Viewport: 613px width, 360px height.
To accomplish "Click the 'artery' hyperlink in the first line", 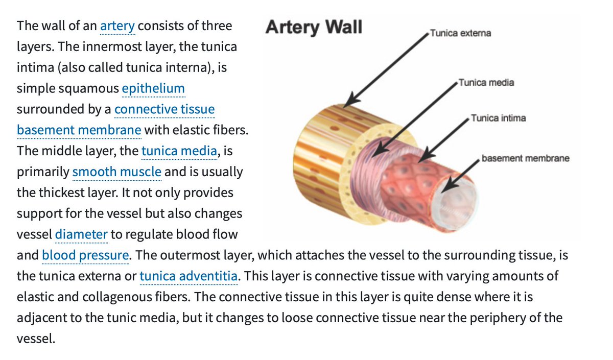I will [117, 26].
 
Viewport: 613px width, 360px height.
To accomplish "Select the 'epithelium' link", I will [153, 88].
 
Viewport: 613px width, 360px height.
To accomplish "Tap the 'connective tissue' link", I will [164, 109].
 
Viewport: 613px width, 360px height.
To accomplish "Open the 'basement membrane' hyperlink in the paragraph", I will [79, 130].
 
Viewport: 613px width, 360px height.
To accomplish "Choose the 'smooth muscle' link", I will [116, 172].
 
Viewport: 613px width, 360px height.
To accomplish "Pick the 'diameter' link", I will [81, 234].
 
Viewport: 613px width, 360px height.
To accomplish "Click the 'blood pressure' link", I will [85, 255].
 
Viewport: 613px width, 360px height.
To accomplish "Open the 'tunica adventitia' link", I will [188, 276].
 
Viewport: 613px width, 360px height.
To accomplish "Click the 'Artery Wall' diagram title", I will [314, 27].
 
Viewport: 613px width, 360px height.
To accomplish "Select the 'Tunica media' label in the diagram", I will [486, 82].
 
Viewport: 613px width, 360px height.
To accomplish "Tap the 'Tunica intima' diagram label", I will [498, 118].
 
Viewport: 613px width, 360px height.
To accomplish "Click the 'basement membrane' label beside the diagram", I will [525, 158].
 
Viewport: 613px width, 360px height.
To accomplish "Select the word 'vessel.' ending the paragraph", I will [35, 339].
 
